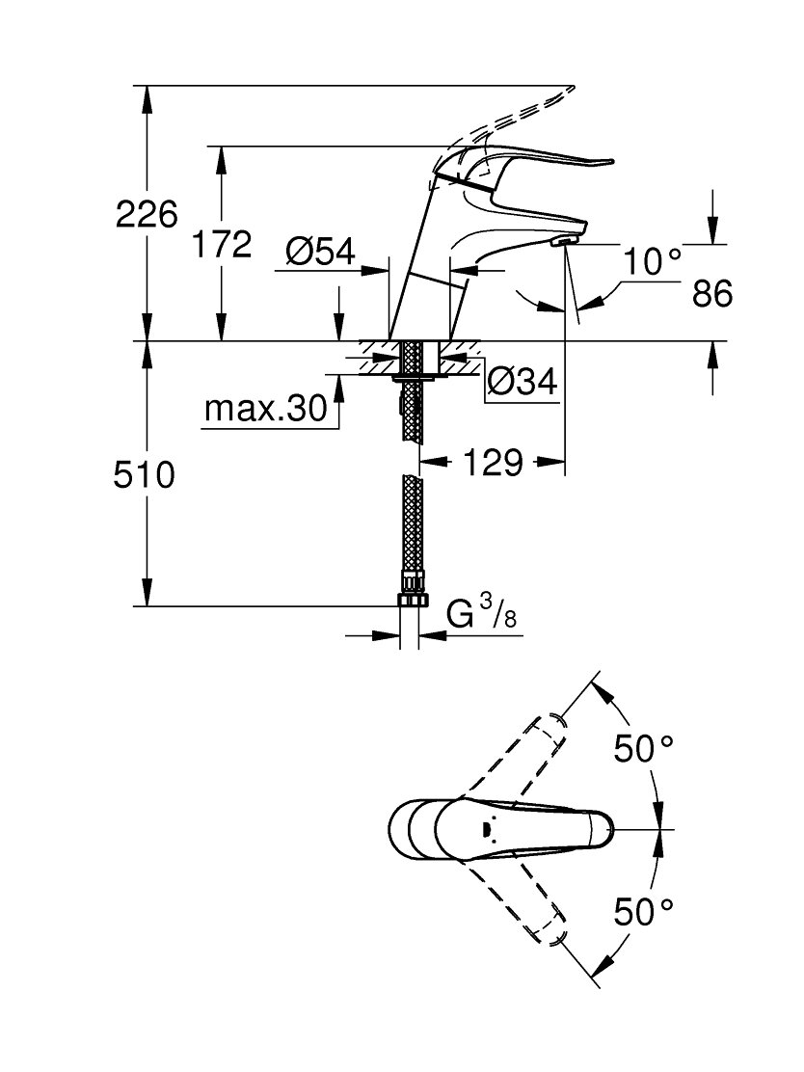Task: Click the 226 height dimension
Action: click(147, 214)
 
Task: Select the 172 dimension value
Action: click(221, 244)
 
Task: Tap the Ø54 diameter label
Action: click(321, 252)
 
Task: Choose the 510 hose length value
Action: click(145, 474)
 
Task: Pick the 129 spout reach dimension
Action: click(493, 463)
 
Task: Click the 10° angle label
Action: click(653, 260)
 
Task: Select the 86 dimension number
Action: click(711, 293)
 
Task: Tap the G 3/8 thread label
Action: click(481, 612)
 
